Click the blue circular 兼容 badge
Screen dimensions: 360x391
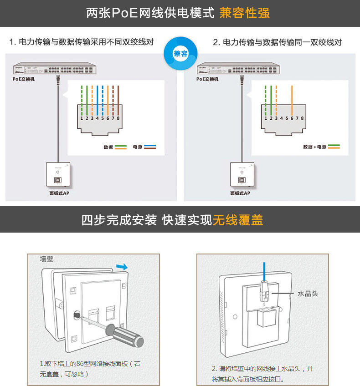point(180,54)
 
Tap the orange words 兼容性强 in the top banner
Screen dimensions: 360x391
point(244,13)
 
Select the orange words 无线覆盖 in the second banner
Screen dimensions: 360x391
point(238,220)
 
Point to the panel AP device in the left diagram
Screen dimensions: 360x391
point(58,175)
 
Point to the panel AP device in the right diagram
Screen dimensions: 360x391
point(240,175)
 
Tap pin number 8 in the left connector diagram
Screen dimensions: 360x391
point(118,118)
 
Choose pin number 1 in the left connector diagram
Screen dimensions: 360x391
point(82,118)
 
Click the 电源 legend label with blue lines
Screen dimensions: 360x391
point(138,147)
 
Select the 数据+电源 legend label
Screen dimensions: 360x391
point(315,147)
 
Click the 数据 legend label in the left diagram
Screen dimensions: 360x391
point(108,147)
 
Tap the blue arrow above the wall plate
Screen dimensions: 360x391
point(122,266)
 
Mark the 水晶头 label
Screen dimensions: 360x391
point(308,294)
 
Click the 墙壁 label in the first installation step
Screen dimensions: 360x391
point(46,259)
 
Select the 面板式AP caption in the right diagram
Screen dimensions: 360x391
point(240,193)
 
